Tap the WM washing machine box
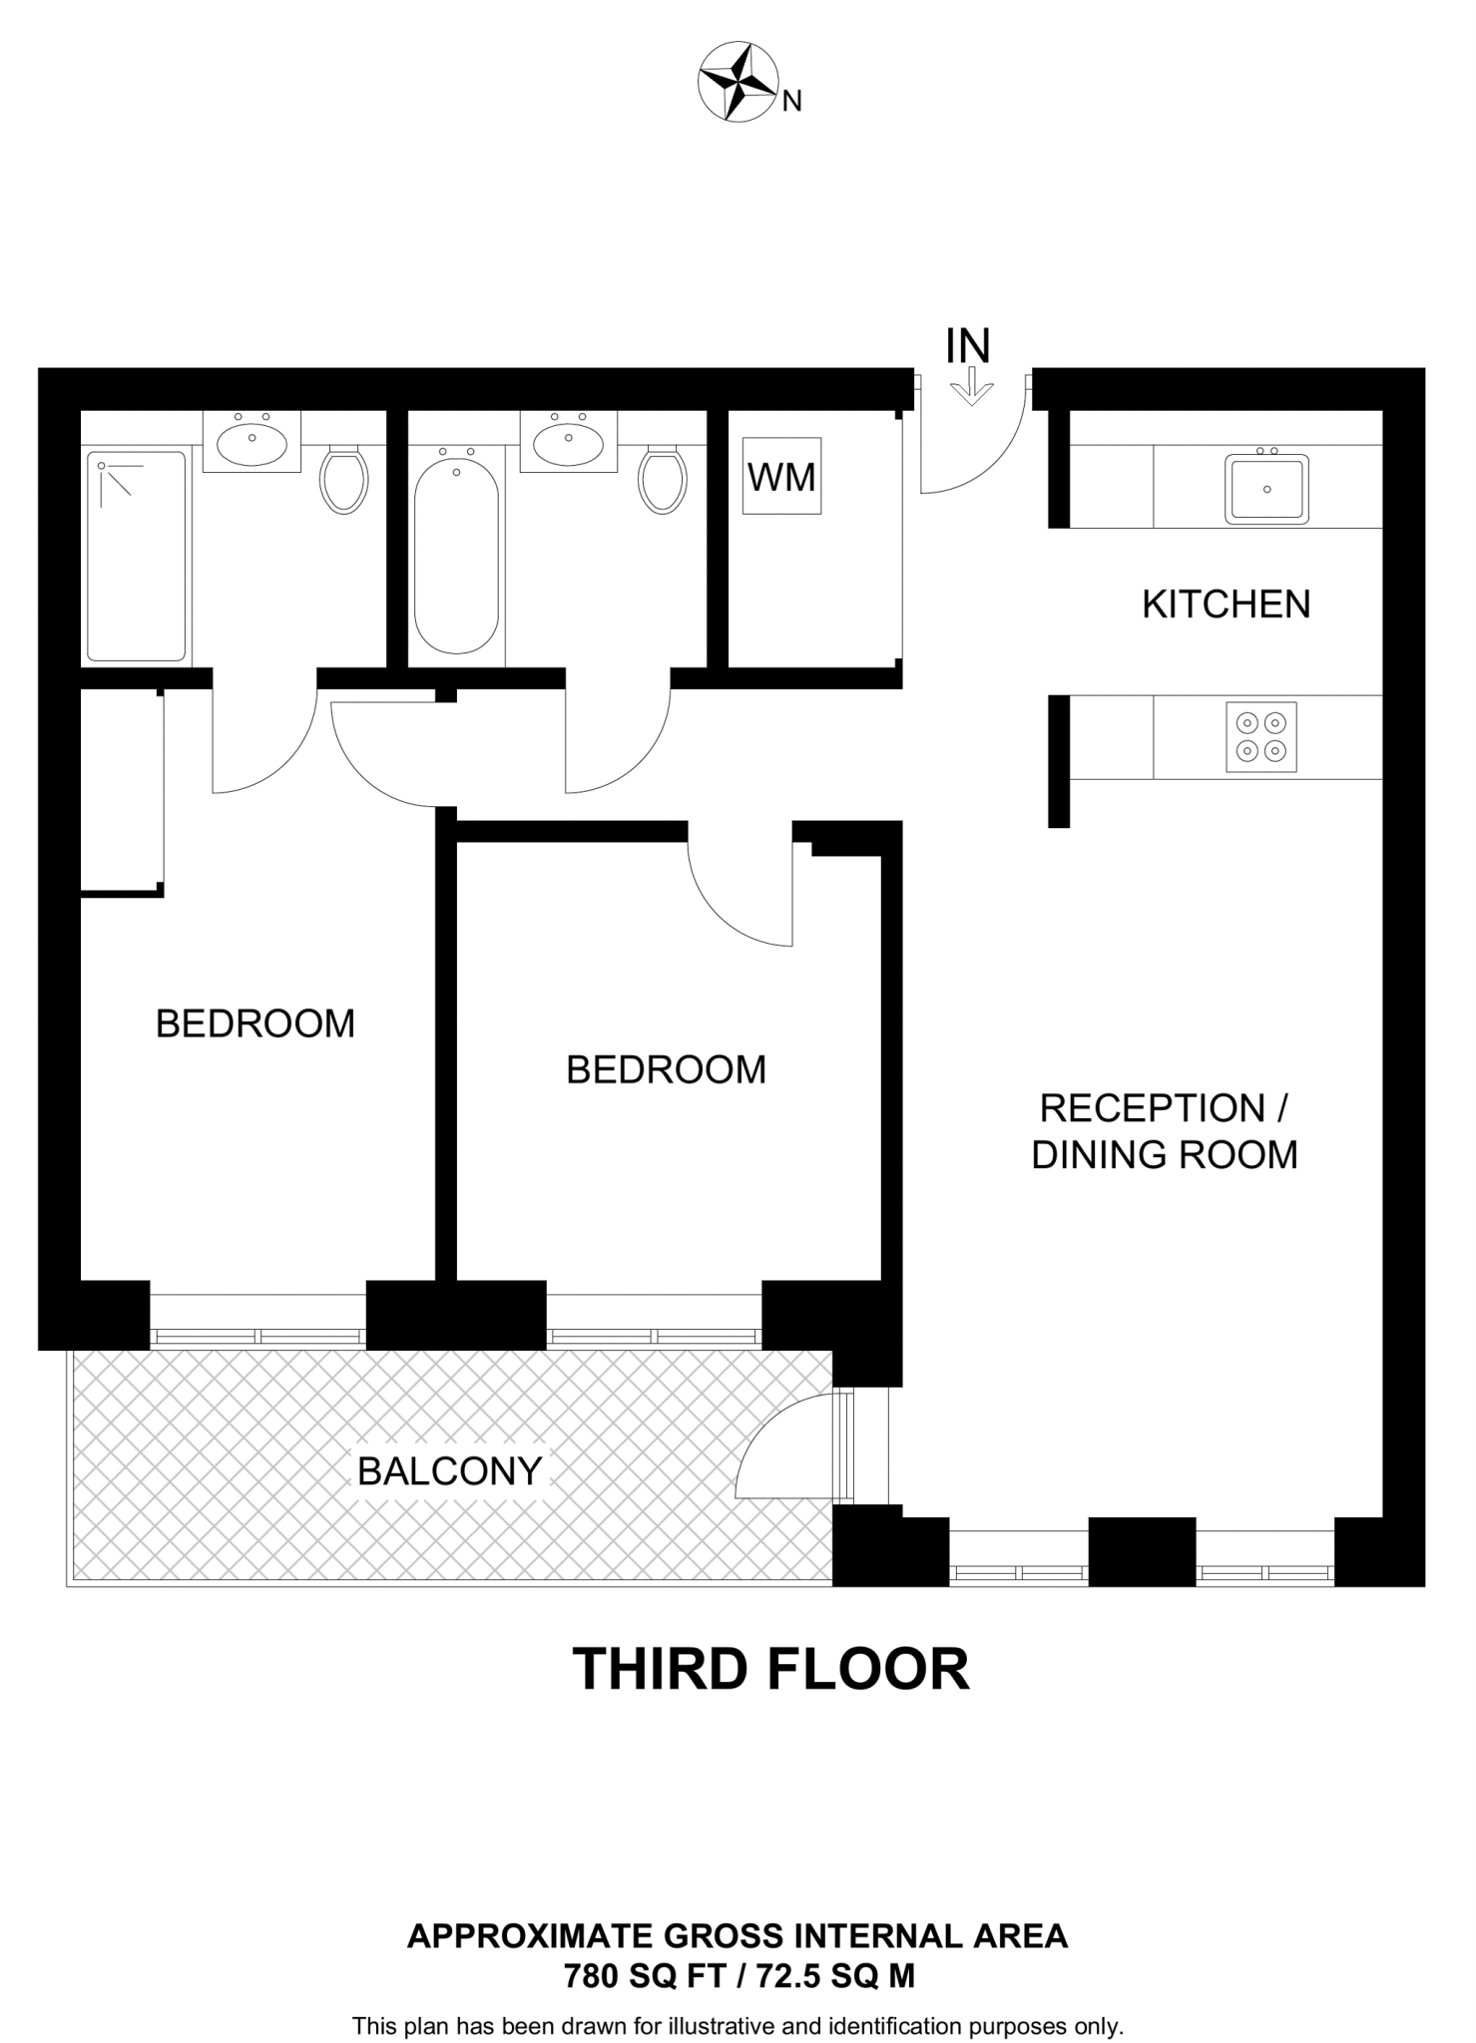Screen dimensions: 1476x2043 click(781, 476)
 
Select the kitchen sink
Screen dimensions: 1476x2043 click(1266, 488)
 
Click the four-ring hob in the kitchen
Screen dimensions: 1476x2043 click(1261, 737)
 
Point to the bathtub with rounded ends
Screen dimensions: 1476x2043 click(456, 551)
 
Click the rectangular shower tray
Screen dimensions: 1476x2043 click(136, 557)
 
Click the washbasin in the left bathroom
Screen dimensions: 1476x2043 click(251, 441)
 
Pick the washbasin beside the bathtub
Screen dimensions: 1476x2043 click(568, 441)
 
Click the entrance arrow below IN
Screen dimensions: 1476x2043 click(968, 387)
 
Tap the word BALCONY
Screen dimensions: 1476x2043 click(449, 1471)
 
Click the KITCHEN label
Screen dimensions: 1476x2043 click(1227, 605)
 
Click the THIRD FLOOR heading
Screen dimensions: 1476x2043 click(770, 1669)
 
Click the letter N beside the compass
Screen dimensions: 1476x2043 click(791, 101)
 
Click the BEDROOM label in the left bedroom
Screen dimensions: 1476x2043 click(255, 1023)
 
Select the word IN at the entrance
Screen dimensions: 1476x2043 click(968, 346)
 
